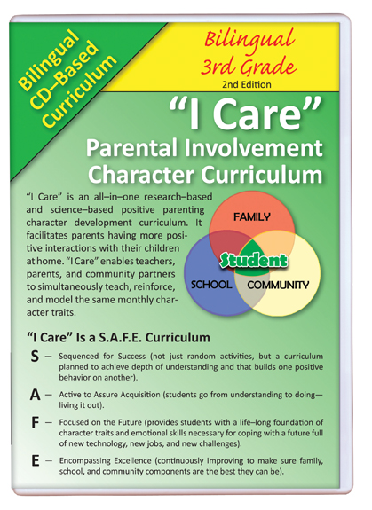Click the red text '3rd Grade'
point(249,66)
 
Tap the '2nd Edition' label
point(247,84)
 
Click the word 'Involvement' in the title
point(254,148)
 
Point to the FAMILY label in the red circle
point(251,217)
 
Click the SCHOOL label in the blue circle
point(211,285)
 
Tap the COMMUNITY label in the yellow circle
point(278,286)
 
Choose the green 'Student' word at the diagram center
point(254,260)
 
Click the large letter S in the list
point(35,357)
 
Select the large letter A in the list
point(35,395)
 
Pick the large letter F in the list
point(35,423)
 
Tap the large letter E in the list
point(35,461)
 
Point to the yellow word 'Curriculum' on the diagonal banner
point(79,91)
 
